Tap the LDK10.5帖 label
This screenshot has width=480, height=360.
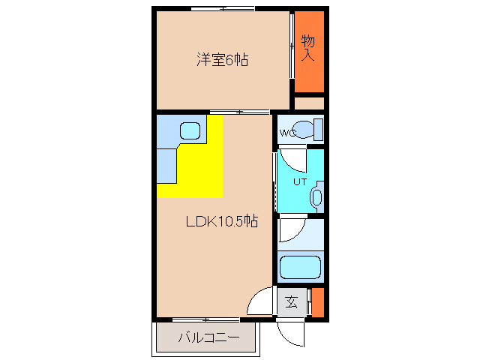[x=222, y=221]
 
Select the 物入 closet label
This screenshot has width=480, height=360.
[x=307, y=48]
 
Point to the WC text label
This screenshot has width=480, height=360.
[x=288, y=133]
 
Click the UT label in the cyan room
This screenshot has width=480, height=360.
[x=300, y=181]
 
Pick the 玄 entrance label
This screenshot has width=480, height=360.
[x=292, y=303]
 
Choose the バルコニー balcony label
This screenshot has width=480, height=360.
[x=208, y=338]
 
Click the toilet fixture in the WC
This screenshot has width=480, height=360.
[x=307, y=129]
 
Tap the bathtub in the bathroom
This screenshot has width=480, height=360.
[x=300, y=267]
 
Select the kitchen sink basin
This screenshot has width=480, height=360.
[x=190, y=131]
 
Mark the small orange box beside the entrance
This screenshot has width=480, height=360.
[x=317, y=302]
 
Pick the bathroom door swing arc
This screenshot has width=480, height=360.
[x=292, y=229]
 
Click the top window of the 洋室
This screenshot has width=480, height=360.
[x=222, y=8]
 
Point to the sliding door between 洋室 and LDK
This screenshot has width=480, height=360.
[x=240, y=112]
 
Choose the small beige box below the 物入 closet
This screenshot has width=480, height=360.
[x=308, y=103]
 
